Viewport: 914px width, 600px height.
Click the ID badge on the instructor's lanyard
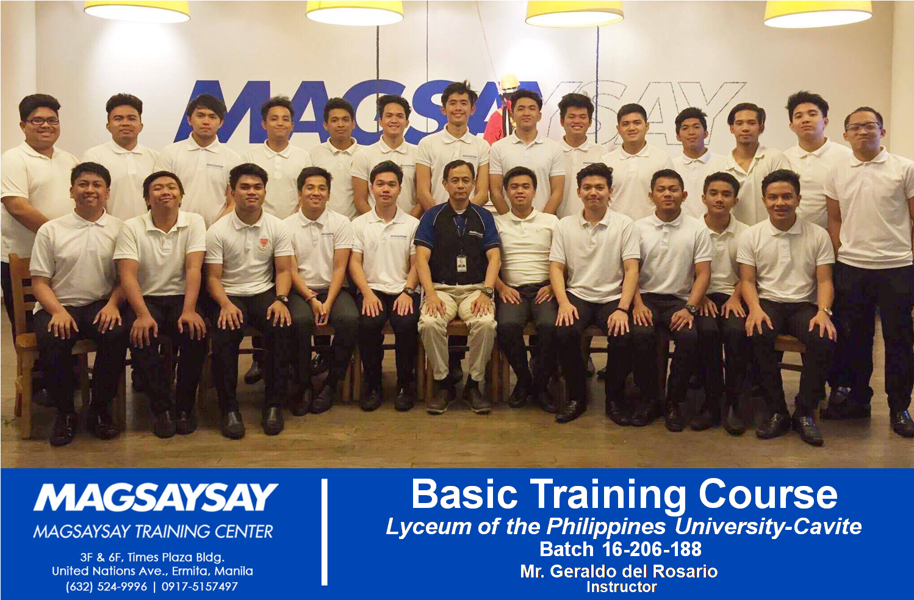point(461,263)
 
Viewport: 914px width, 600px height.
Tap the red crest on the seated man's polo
point(263,243)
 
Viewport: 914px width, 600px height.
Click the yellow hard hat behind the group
point(509,82)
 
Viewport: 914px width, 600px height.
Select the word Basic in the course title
point(465,495)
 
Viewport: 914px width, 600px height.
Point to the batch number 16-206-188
point(652,549)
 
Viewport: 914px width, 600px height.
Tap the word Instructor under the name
point(622,587)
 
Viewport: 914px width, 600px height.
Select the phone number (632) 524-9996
point(107,587)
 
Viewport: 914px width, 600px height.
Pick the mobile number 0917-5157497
point(200,587)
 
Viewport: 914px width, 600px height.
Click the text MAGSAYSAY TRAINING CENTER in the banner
point(153,532)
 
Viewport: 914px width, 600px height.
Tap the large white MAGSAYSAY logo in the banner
point(156,497)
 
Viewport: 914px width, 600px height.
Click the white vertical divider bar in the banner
point(325,532)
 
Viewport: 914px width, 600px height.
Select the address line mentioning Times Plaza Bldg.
point(152,557)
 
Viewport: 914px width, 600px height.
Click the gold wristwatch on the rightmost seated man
point(826,311)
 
